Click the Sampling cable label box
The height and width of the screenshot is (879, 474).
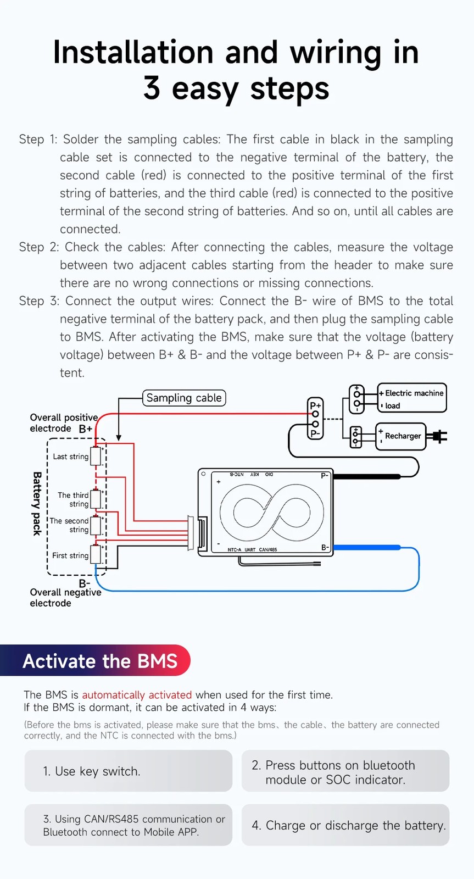click(184, 398)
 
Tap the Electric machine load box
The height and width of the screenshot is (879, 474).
click(412, 398)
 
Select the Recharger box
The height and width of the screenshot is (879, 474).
click(401, 436)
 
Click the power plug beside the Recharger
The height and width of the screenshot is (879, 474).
click(439, 437)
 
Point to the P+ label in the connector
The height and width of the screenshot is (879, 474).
click(315, 405)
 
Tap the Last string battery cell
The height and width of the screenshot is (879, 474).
click(96, 456)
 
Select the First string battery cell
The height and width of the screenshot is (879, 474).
click(96, 554)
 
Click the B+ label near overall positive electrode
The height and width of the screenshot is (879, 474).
click(86, 429)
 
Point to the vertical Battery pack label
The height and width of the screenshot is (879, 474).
click(37, 503)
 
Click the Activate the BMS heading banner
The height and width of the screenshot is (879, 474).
click(99, 661)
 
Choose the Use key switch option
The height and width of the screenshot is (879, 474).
click(128, 771)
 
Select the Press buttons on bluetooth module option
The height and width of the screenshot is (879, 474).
click(345, 771)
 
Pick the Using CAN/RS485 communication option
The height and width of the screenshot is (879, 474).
click(128, 825)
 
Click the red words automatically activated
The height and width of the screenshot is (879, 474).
click(137, 695)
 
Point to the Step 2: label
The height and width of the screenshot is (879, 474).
click(38, 247)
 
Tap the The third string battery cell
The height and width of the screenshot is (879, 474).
click(96, 499)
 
